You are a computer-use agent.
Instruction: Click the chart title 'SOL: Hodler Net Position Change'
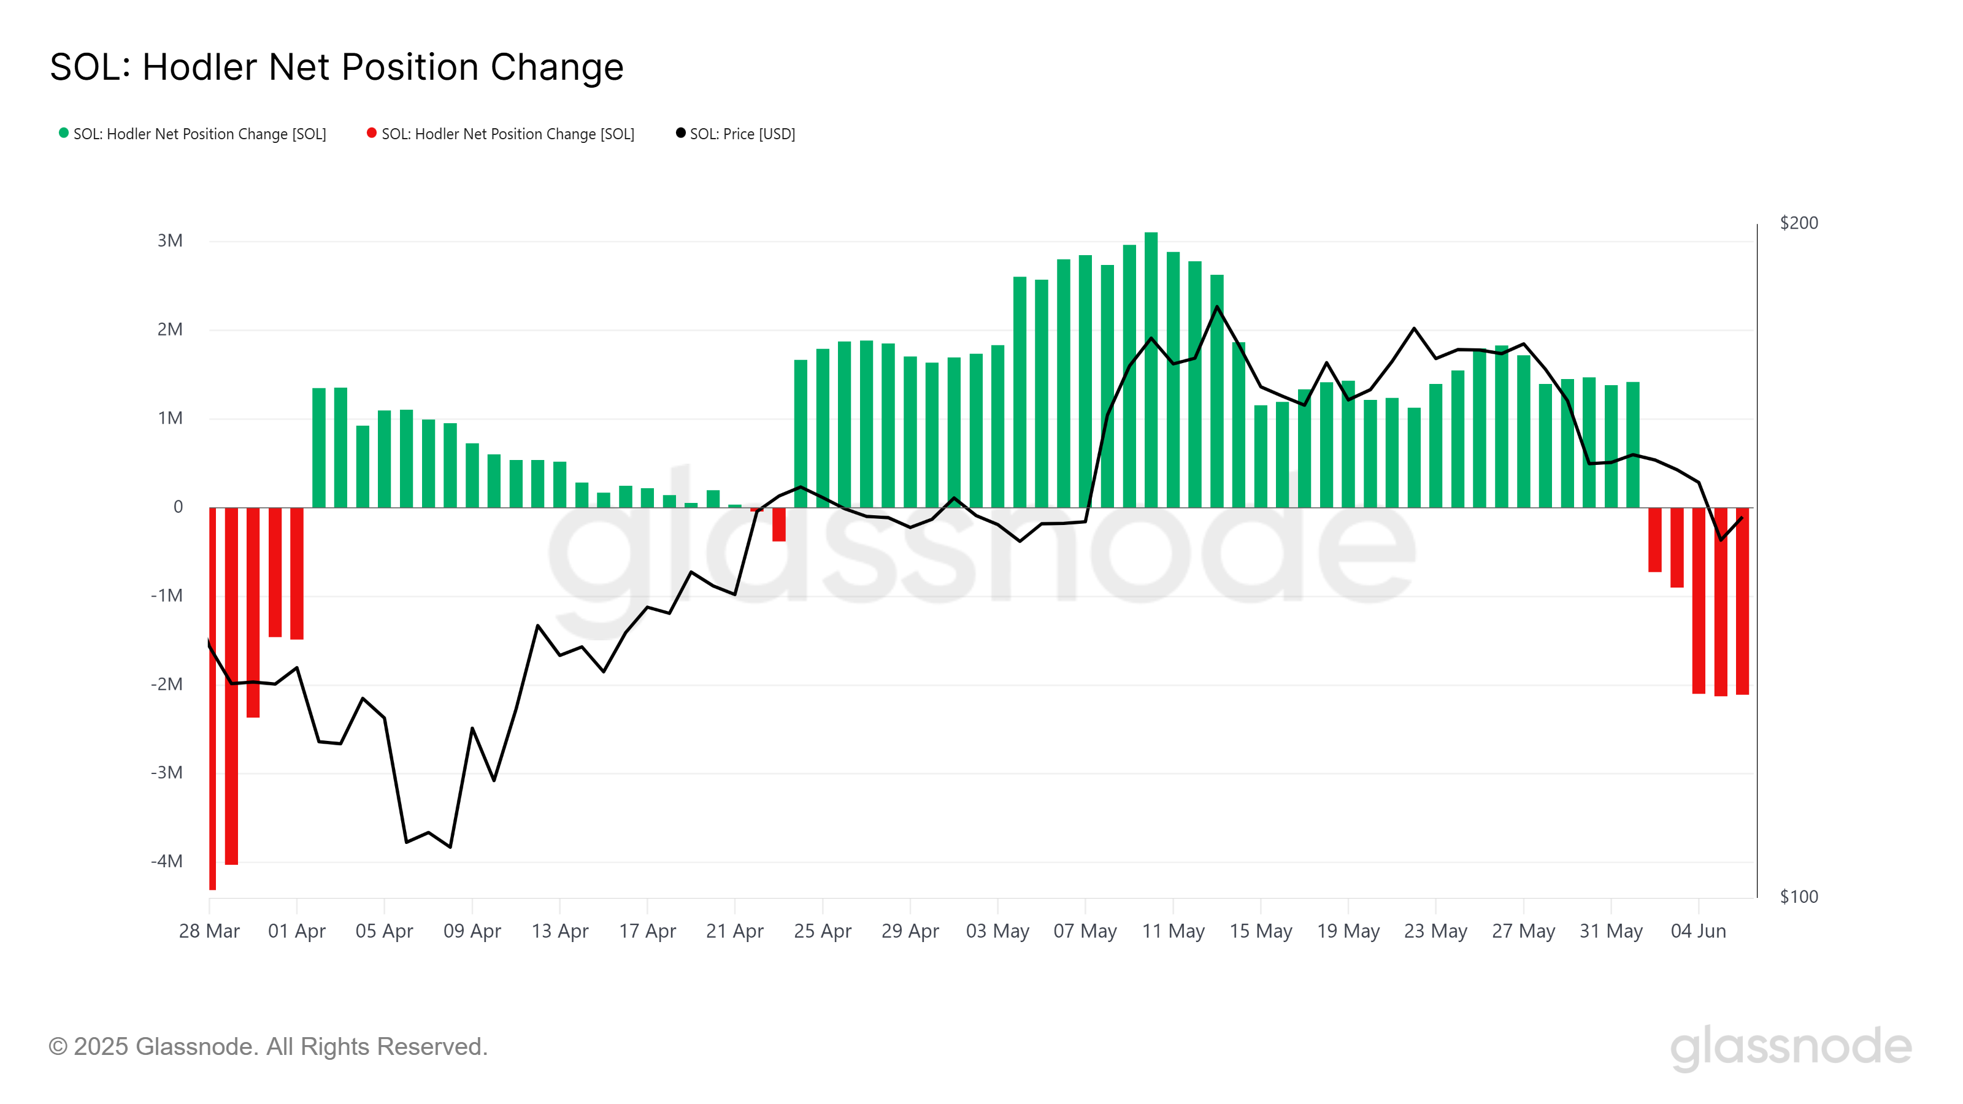pyautogui.click(x=337, y=67)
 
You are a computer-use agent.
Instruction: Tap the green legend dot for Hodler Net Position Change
pyautogui.click(x=64, y=133)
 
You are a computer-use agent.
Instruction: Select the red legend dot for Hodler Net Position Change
pyautogui.click(x=372, y=133)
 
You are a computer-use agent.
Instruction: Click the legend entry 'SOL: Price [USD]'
pyautogui.click(x=742, y=134)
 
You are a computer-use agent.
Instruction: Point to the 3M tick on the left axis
pyautogui.click(x=170, y=241)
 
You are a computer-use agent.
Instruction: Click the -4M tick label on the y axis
pyautogui.click(x=167, y=861)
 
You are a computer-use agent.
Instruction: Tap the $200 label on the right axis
pyautogui.click(x=1799, y=223)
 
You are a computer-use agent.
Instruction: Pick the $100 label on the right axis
pyautogui.click(x=1799, y=897)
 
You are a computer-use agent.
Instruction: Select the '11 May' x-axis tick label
pyautogui.click(x=1173, y=931)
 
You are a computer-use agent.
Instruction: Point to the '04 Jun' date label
pyautogui.click(x=1698, y=931)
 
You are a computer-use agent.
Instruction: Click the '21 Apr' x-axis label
pyautogui.click(x=735, y=931)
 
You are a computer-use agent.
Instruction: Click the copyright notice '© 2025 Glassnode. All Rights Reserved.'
pyautogui.click(x=268, y=1047)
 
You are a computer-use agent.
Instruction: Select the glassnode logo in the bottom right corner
pyautogui.click(x=1791, y=1047)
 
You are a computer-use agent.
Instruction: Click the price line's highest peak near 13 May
pyautogui.click(x=1217, y=307)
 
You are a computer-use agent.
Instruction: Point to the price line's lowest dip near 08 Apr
pyautogui.click(x=450, y=846)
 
